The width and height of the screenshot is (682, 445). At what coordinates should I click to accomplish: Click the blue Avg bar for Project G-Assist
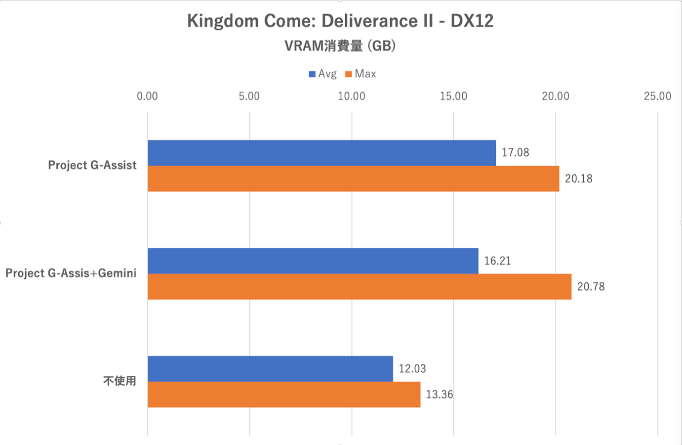(321, 153)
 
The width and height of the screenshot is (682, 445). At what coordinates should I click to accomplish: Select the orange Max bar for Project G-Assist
(353, 178)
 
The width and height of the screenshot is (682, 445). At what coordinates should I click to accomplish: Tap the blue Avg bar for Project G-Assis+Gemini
(313, 261)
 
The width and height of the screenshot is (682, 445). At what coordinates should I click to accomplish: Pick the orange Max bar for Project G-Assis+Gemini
(360, 286)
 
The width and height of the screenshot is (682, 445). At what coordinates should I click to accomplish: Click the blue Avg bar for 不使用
(270, 368)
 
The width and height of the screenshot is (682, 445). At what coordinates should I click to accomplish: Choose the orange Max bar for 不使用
(284, 394)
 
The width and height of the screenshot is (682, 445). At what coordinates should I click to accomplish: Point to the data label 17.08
(515, 152)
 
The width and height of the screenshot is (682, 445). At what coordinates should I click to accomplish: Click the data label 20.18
(578, 178)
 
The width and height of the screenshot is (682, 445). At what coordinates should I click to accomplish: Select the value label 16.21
(497, 261)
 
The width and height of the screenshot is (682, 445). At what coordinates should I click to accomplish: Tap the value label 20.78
(591, 286)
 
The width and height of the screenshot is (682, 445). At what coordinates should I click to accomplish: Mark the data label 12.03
(412, 368)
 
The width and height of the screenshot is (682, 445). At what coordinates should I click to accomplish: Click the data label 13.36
(439, 394)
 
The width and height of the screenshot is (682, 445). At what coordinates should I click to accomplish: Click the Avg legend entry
(322, 74)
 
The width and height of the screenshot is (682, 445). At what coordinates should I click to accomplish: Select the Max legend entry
(361, 74)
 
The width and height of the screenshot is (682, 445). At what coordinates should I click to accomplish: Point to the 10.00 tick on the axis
(352, 96)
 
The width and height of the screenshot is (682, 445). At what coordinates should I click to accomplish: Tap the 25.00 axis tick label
(657, 96)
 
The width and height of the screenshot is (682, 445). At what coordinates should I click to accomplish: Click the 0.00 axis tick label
(147, 96)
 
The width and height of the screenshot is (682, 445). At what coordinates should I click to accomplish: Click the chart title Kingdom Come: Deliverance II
(340, 21)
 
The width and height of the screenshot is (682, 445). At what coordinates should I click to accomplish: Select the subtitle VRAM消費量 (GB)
(340, 46)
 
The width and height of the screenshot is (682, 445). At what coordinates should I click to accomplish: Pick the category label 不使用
(120, 381)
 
